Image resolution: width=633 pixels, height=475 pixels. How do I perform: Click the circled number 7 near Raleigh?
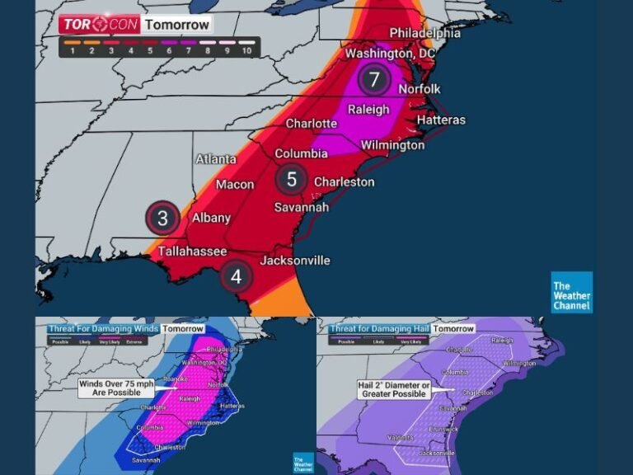pos(374,80)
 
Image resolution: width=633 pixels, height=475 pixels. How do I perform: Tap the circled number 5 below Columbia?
pos(291,179)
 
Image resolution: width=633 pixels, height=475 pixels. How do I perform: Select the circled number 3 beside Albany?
pos(163,219)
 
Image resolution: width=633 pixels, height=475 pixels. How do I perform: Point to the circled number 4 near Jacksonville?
pos(237,277)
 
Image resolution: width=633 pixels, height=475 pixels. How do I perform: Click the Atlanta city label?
pos(216,159)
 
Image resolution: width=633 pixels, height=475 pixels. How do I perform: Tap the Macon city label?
pos(235,185)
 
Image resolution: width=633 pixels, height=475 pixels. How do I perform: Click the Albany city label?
pos(210,219)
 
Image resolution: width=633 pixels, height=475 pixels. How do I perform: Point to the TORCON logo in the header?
pos(99,25)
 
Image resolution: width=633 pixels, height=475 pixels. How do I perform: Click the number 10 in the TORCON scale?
pos(246,51)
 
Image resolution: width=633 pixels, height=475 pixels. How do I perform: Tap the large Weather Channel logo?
pos(571,293)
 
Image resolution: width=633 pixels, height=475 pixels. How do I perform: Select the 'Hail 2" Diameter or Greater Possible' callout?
pos(393,389)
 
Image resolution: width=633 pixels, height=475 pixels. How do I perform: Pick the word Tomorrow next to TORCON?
pos(176,25)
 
